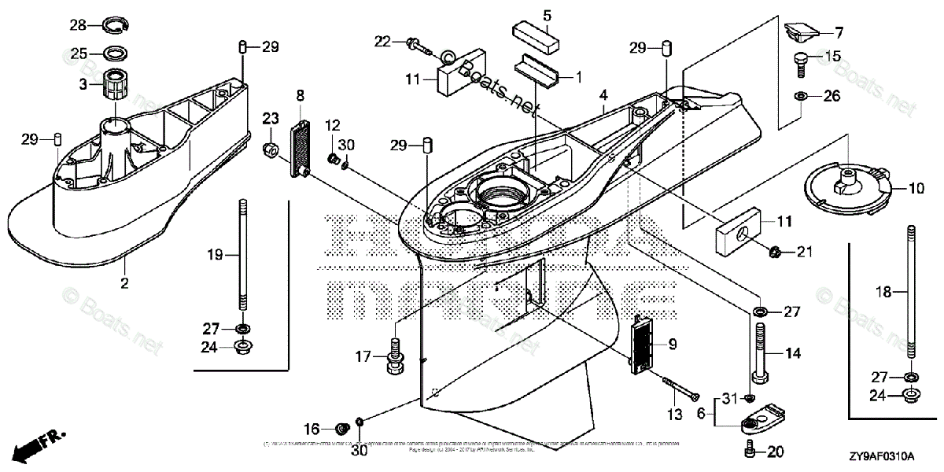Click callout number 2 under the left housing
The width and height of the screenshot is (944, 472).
[124, 281]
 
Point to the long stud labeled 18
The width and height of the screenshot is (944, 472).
[911, 297]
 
